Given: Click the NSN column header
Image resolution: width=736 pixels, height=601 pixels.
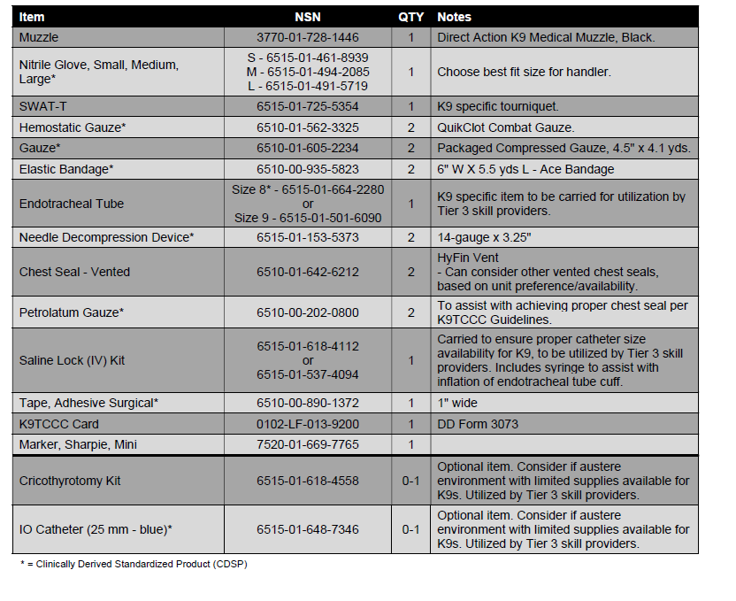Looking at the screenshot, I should click(308, 17).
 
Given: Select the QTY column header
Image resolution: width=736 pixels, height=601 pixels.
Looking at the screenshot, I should click(411, 17).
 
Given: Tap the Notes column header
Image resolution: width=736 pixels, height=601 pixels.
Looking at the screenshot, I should click(455, 17).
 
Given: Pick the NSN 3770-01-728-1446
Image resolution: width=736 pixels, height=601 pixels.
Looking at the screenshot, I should click(308, 38).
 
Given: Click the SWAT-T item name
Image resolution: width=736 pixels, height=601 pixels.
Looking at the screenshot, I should click(43, 106).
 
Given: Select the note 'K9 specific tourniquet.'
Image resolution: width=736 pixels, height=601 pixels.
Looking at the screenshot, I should click(498, 106).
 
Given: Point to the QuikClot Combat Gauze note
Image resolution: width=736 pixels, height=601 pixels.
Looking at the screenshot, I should click(506, 127).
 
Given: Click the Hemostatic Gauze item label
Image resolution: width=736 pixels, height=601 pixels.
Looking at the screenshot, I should click(73, 127).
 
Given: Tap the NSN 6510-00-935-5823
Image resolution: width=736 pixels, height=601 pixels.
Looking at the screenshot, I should click(308, 169).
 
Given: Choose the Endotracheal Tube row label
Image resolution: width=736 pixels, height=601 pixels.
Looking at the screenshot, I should click(72, 204).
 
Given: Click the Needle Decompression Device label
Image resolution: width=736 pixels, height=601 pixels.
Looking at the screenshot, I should click(107, 237).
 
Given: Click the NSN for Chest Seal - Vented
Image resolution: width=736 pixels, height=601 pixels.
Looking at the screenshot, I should click(308, 272).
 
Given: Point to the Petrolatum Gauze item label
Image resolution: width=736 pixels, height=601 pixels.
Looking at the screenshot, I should click(72, 312).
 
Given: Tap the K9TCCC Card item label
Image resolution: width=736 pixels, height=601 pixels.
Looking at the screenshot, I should click(59, 424).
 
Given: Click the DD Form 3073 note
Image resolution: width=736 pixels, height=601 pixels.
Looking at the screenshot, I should click(478, 424).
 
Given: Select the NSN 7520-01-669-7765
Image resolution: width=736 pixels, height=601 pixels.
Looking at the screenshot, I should click(308, 444).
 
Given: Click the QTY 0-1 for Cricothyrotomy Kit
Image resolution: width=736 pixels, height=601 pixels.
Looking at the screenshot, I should click(411, 481).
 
